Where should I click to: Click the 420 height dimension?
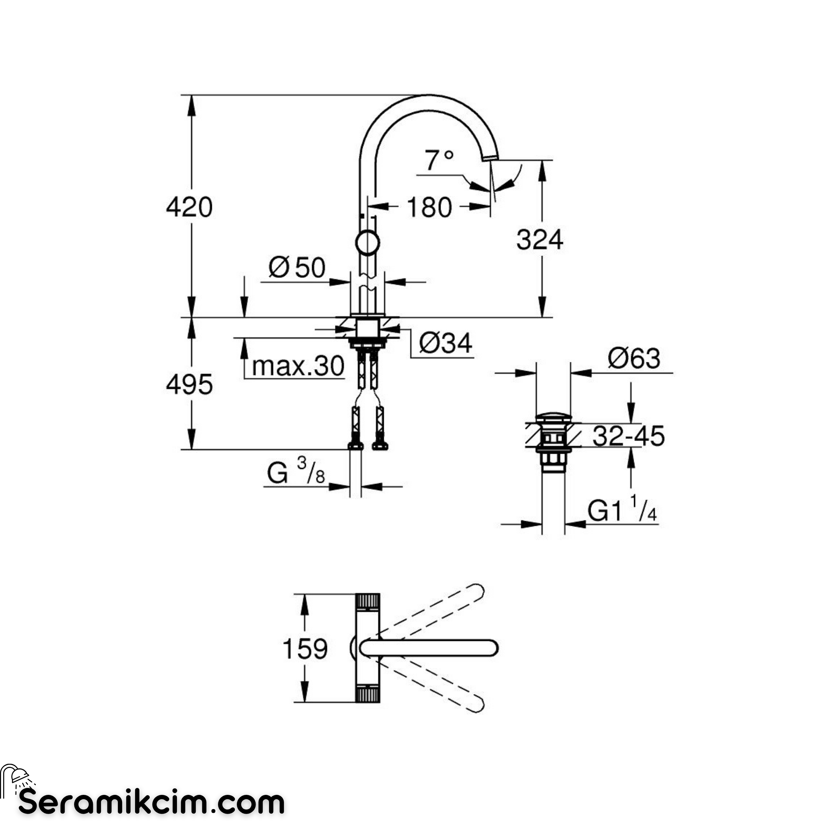pos(189,207)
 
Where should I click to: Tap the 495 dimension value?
pos(189,385)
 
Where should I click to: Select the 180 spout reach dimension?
pos(429,207)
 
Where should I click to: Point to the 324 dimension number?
pos(539,240)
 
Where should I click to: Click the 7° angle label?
pos(439,160)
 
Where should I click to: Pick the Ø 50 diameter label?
pos(297,268)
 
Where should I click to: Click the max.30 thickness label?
pos(298,367)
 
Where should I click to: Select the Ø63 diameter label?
pos(634,358)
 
